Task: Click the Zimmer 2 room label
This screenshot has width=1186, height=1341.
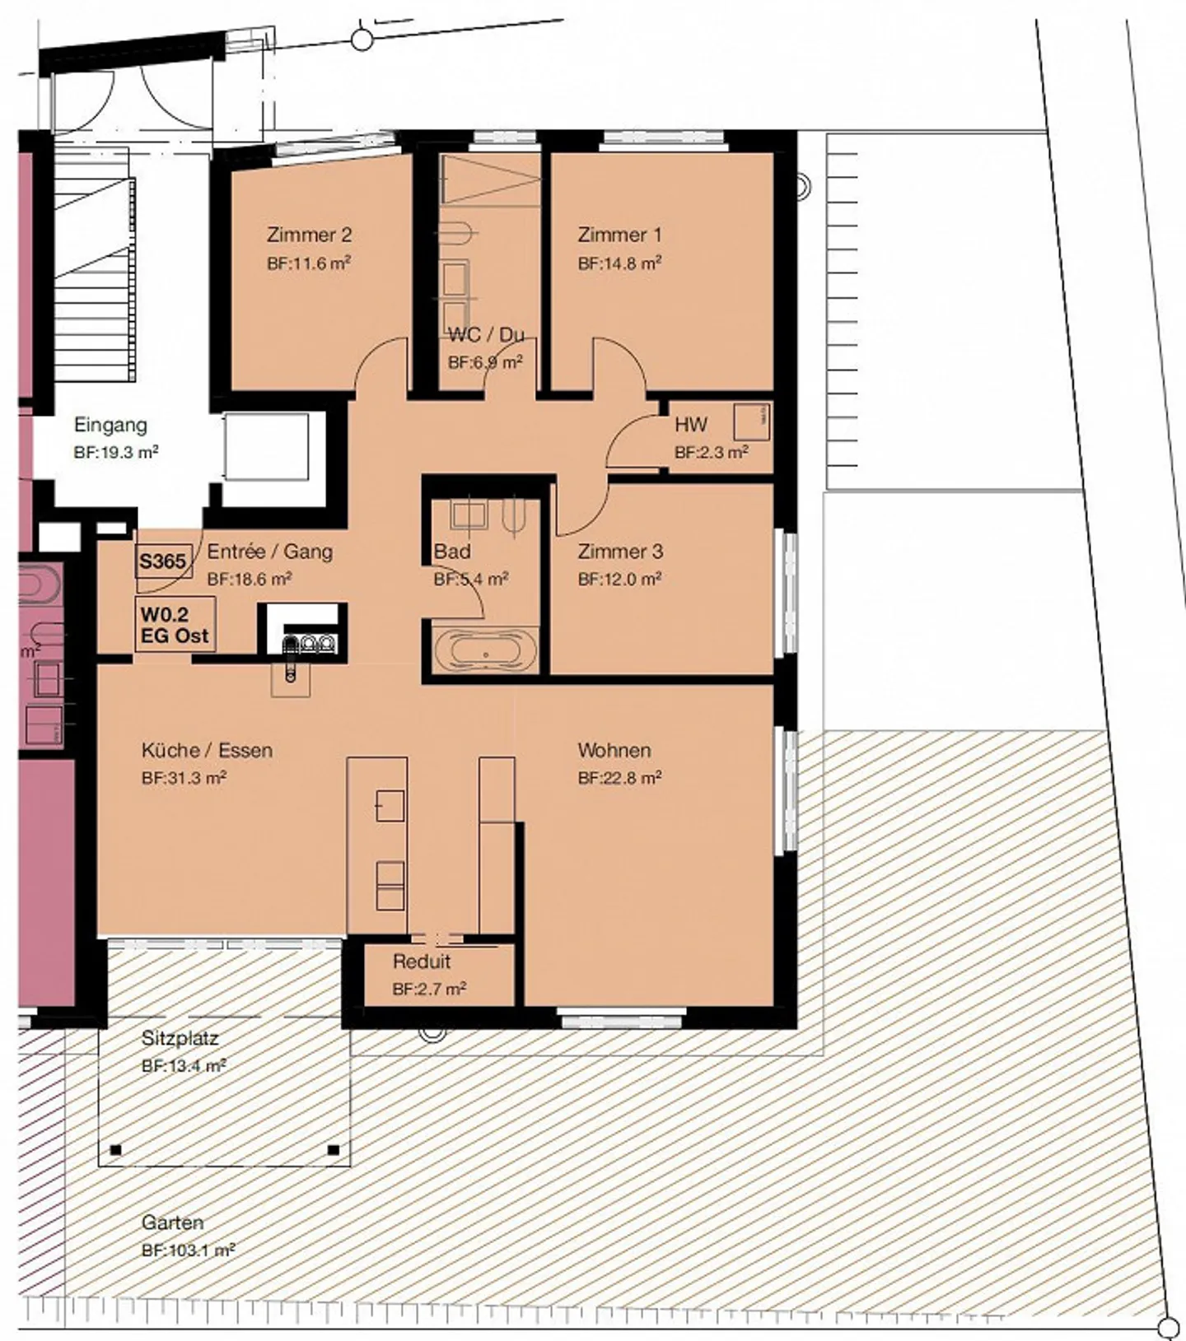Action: click(x=309, y=235)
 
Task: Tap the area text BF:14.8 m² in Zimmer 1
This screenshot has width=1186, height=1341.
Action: click(x=620, y=263)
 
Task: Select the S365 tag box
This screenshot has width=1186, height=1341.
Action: click(x=163, y=561)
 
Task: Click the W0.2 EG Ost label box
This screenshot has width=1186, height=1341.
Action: click(x=175, y=625)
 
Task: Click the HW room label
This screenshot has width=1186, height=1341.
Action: click(x=690, y=425)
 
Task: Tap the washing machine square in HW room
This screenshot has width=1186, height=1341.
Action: click(x=751, y=421)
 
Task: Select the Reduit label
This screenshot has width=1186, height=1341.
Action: click(x=421, y=962)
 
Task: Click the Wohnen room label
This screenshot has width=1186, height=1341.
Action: click(x=614, y=750)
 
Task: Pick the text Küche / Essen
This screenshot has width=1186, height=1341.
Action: click(x=207, y=750)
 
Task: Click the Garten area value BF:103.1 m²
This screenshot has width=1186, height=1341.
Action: click(x=188, y=1250)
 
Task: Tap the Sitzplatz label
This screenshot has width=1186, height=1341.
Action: click(x=180, y=1038)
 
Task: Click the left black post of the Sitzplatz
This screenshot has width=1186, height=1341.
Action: click(x=116, y=1149)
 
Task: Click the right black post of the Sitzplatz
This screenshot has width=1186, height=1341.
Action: click(x=334, y=1149)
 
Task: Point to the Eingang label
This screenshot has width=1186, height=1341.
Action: click(x=110, y=425)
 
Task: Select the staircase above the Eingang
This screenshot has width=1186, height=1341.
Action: click(x=92, y=263)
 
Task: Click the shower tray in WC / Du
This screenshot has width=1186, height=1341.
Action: click(x=491, y=179)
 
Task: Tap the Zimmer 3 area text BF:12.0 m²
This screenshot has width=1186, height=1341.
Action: click(x=619, y=580)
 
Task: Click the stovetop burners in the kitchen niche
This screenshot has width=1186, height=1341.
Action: click(x=311, y=643)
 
